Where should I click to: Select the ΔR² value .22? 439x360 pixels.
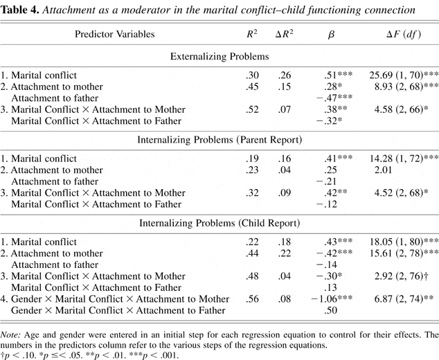284,253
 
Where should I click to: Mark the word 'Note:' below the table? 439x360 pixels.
14,335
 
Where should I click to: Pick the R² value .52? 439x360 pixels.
253,110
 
